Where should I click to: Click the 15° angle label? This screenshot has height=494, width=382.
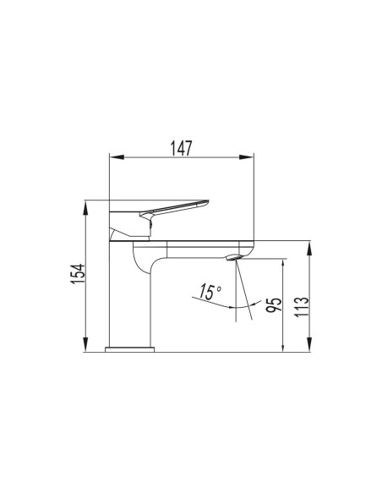point(207,294)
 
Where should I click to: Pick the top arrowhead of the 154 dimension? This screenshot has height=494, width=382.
point(88,206)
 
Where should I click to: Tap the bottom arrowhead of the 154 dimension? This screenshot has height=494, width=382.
point(88,344)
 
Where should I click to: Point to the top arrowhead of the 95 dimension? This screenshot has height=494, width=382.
point(282,264)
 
